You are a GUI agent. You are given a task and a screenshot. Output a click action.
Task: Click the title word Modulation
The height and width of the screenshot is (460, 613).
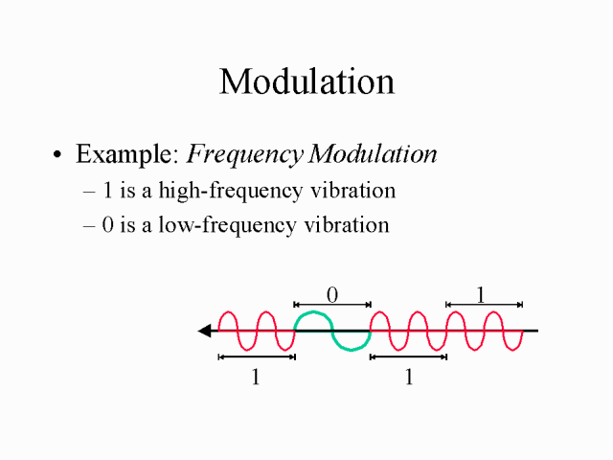tap(306, 81)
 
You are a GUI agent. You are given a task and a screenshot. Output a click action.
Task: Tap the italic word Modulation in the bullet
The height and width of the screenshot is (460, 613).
tap(373, 153)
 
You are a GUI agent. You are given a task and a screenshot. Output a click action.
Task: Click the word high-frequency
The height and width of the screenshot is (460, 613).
tap(231, 192)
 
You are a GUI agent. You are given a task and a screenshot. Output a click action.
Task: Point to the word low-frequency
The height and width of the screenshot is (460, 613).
tap(227, 226)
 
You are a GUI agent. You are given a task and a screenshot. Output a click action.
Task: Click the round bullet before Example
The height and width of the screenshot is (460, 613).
tap(57, 154)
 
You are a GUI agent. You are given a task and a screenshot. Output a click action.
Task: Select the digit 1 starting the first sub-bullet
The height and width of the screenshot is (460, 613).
tap(107, 191)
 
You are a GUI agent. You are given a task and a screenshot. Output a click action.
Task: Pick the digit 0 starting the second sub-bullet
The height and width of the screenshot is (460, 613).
tap(108, 225)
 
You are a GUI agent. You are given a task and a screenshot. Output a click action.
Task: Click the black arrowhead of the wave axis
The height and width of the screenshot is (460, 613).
tap(205, 331)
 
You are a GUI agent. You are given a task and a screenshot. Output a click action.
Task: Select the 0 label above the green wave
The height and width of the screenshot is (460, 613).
tap(332, 295)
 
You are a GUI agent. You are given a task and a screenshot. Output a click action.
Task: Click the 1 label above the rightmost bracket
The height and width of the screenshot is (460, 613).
tap(481, 295)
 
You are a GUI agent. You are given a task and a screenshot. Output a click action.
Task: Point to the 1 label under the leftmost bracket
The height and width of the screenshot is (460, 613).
tap(256, 377)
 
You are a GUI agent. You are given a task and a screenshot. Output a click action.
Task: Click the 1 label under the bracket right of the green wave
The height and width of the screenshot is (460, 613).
tap(409, 377)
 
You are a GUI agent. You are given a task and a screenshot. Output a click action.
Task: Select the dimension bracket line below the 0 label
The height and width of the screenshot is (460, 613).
tap(332, 305)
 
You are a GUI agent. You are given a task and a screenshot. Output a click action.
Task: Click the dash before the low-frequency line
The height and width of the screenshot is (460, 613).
tap(89, 226)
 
